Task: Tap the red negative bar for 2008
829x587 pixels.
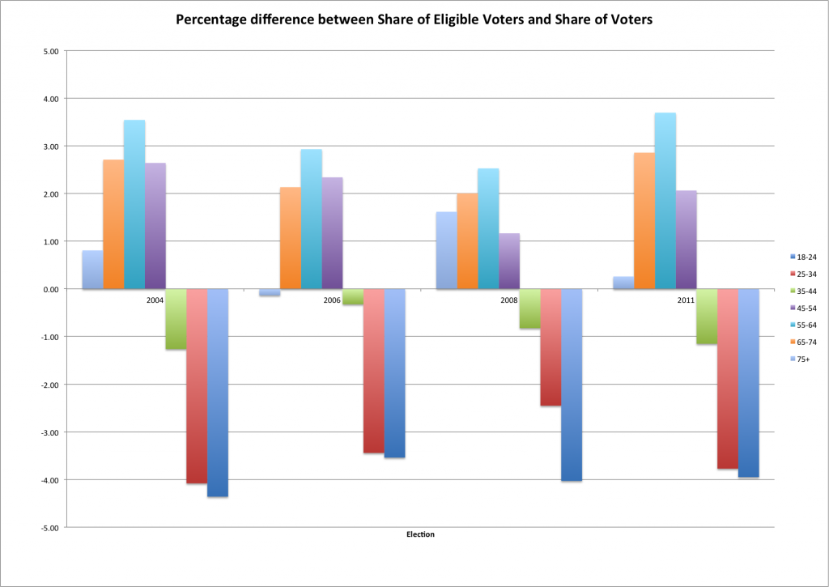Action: point(551,347)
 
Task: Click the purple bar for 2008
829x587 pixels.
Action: point(509,261)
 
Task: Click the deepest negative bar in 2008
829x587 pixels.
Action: point(572,385)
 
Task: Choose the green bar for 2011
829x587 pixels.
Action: point(707,317)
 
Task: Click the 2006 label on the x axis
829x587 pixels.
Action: point(331,300)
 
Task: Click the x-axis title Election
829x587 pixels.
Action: point(420,535)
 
